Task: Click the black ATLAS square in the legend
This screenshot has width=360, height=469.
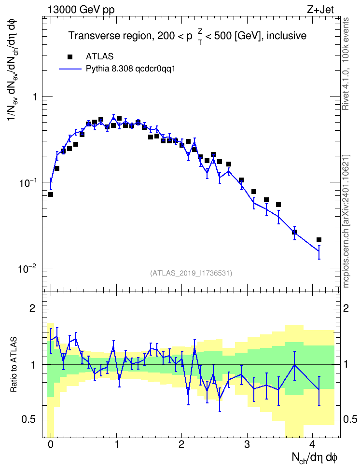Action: pos(70,57)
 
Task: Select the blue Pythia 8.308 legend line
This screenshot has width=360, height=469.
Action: pos(70,69)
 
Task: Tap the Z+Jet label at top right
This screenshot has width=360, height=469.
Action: pos(320,10)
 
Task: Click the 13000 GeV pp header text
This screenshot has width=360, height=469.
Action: pos(81,10)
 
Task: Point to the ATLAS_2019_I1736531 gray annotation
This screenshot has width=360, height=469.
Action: pos(191,273)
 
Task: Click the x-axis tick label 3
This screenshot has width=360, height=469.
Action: pos(247,444)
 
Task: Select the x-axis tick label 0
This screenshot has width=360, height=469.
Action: pos(51,444)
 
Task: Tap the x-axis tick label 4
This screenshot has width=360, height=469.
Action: pos(312,444)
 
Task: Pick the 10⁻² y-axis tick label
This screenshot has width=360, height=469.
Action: pos(27,268)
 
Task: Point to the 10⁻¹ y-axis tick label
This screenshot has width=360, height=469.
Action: pos(27,182)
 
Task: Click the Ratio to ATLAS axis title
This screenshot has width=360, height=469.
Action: pos(14,365)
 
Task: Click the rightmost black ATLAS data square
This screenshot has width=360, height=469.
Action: pos(319,240)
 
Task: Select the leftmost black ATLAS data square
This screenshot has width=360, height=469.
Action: pos(51,194)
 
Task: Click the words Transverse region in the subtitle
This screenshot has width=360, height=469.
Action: pos(110,36)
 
